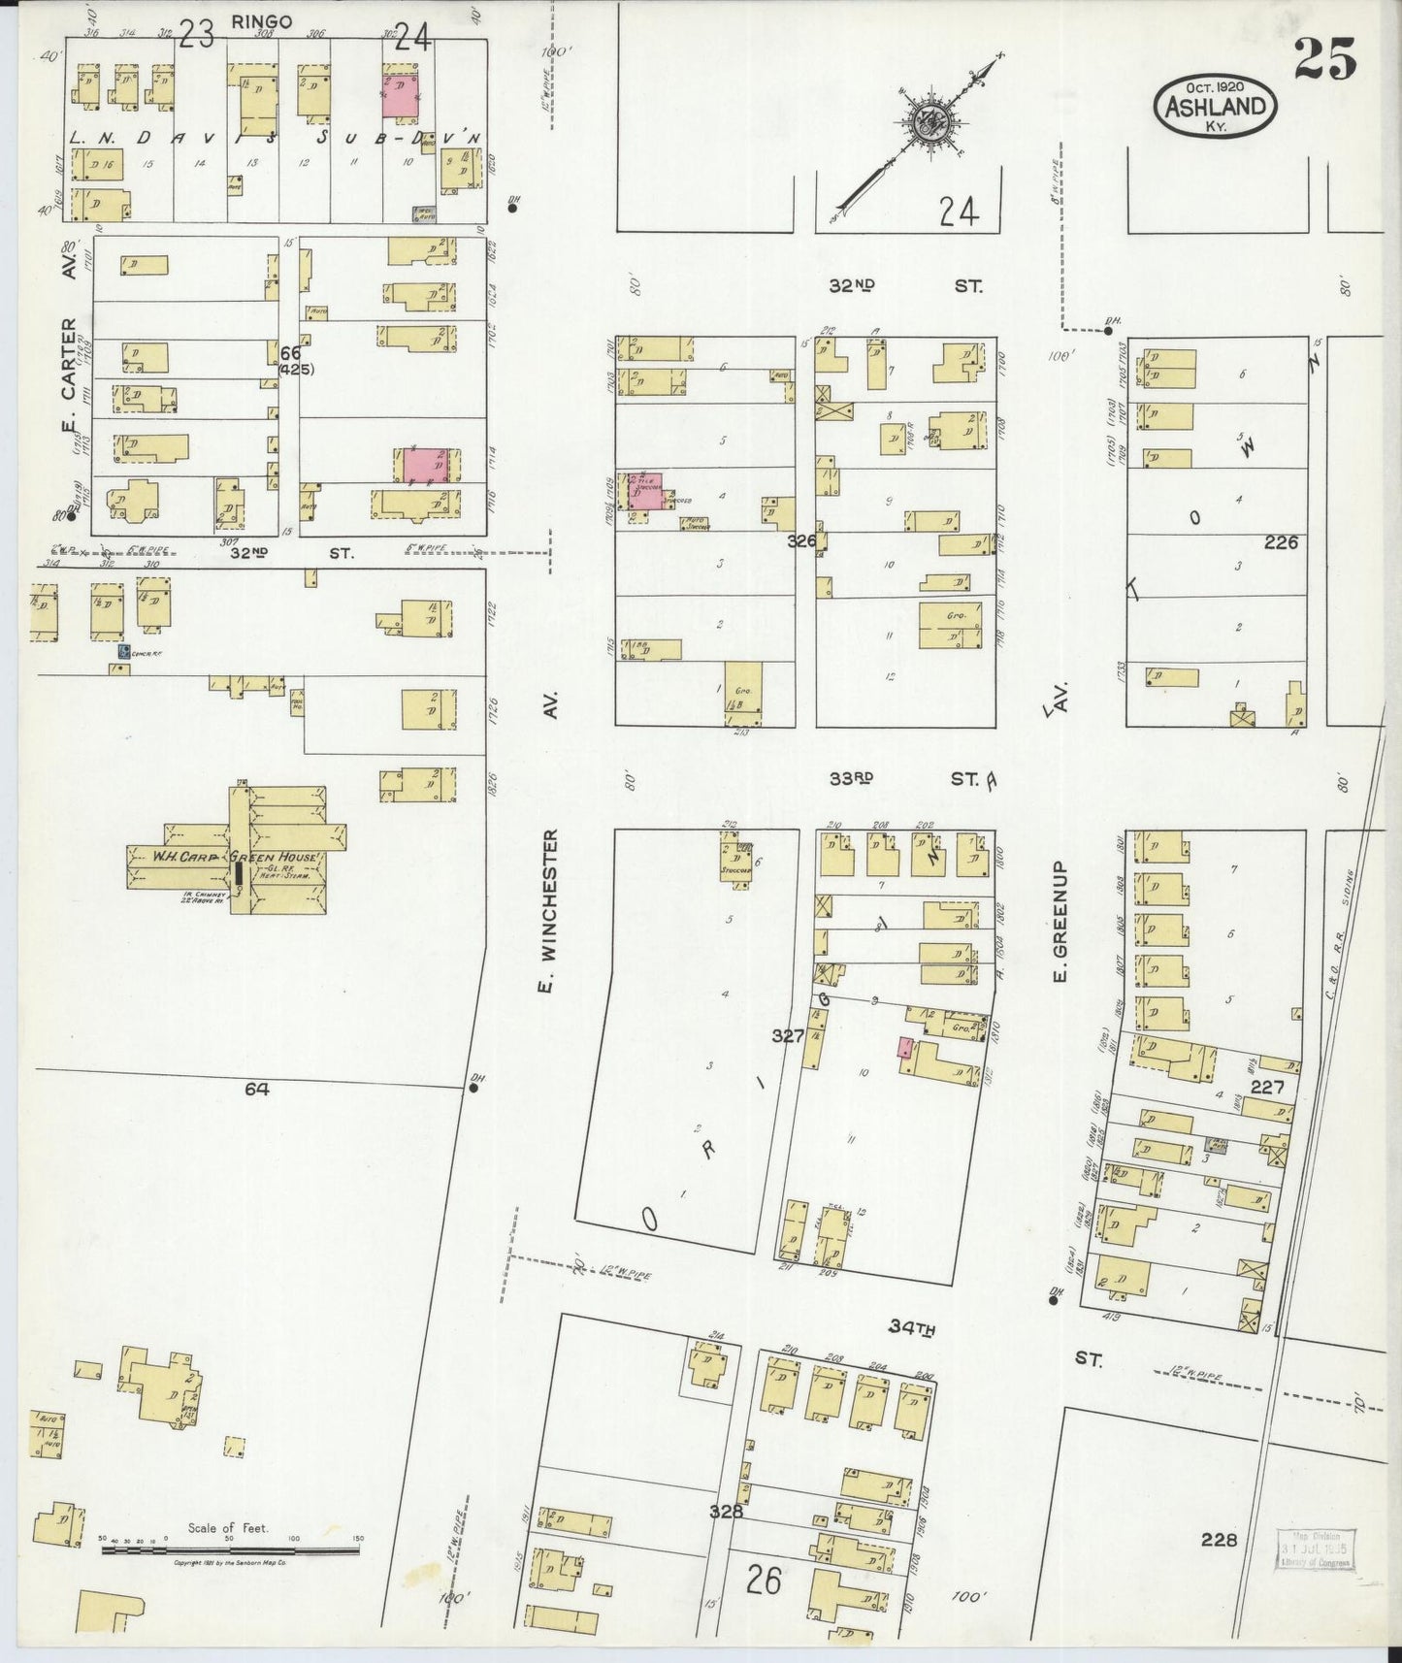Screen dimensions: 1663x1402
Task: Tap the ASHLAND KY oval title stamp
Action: pos(1215,106)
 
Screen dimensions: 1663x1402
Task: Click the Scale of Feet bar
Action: pos(230,1549)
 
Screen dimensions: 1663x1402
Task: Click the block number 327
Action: pos(788,1036)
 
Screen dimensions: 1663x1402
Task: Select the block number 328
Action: pos(726,1511)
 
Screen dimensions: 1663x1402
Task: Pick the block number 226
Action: pos(1281,543)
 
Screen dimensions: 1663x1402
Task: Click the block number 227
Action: pos(1267,1088)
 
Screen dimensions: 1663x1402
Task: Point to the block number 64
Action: pos(256,1089)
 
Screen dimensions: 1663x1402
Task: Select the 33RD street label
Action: pos(852,778)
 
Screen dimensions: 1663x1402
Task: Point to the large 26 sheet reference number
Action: pos(765,1581)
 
